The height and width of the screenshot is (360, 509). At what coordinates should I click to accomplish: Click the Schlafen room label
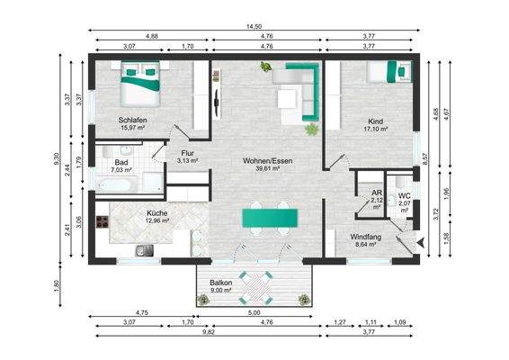tap(132, 120)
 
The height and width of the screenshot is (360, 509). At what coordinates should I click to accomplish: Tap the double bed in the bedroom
tap(140, 84)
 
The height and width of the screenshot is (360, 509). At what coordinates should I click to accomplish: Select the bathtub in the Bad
tap(116, 184)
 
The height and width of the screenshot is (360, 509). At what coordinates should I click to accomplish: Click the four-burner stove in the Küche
tap(102, 221)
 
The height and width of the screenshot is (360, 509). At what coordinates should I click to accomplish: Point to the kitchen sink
tap(145, 250)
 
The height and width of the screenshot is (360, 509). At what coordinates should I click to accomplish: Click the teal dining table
tap(270, 218)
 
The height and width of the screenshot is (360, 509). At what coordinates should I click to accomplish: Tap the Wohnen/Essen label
tap(267, 161)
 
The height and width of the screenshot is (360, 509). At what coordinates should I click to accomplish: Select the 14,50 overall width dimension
tap(254, 27)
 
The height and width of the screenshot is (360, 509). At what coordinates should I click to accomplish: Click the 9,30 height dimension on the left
tap(57, 158)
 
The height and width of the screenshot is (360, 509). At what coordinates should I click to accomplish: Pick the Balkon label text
tap(220, 283)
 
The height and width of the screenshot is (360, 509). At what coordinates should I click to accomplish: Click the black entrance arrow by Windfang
tap(422, 242)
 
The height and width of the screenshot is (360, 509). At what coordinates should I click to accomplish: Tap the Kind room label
tap(375, 121)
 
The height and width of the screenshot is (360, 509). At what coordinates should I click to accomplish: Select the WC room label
tap(405, 196)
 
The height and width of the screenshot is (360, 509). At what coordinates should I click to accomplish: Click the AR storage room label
tap(377, 193)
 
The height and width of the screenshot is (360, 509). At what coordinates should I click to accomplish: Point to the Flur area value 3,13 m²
tap(188, 160)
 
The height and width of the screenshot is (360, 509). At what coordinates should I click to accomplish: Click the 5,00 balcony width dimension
tap(254, 313)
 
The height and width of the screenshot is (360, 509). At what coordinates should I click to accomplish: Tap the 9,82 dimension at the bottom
tap(209, 332)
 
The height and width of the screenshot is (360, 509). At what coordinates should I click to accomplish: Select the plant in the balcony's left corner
tap(203, 299)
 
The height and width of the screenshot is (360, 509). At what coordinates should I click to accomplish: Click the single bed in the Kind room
tap(388, 71)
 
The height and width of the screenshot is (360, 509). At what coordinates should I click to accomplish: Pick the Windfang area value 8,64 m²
tap(366, 245)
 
